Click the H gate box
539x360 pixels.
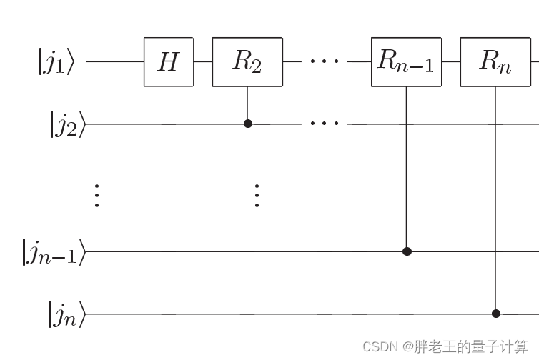[168, 62]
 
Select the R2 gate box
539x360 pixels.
[247, 62]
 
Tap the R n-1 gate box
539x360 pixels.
[406, 62]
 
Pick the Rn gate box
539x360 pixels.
[495, 62]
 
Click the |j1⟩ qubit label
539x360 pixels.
[56, 61]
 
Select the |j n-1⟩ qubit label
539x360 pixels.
[54, 252]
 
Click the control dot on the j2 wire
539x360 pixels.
[248, 124]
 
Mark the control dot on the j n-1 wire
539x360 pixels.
[407, 251]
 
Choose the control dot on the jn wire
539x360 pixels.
[496, 314]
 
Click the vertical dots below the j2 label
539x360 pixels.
[97, 196]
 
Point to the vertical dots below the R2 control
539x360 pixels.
[257, 196]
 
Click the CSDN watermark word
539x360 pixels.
[379, 347]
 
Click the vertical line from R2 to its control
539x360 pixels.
[248, 104]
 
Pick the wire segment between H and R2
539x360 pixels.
[202, 62]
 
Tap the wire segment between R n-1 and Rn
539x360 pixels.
[450, 62]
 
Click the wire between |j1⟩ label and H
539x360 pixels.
[114, 62]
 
